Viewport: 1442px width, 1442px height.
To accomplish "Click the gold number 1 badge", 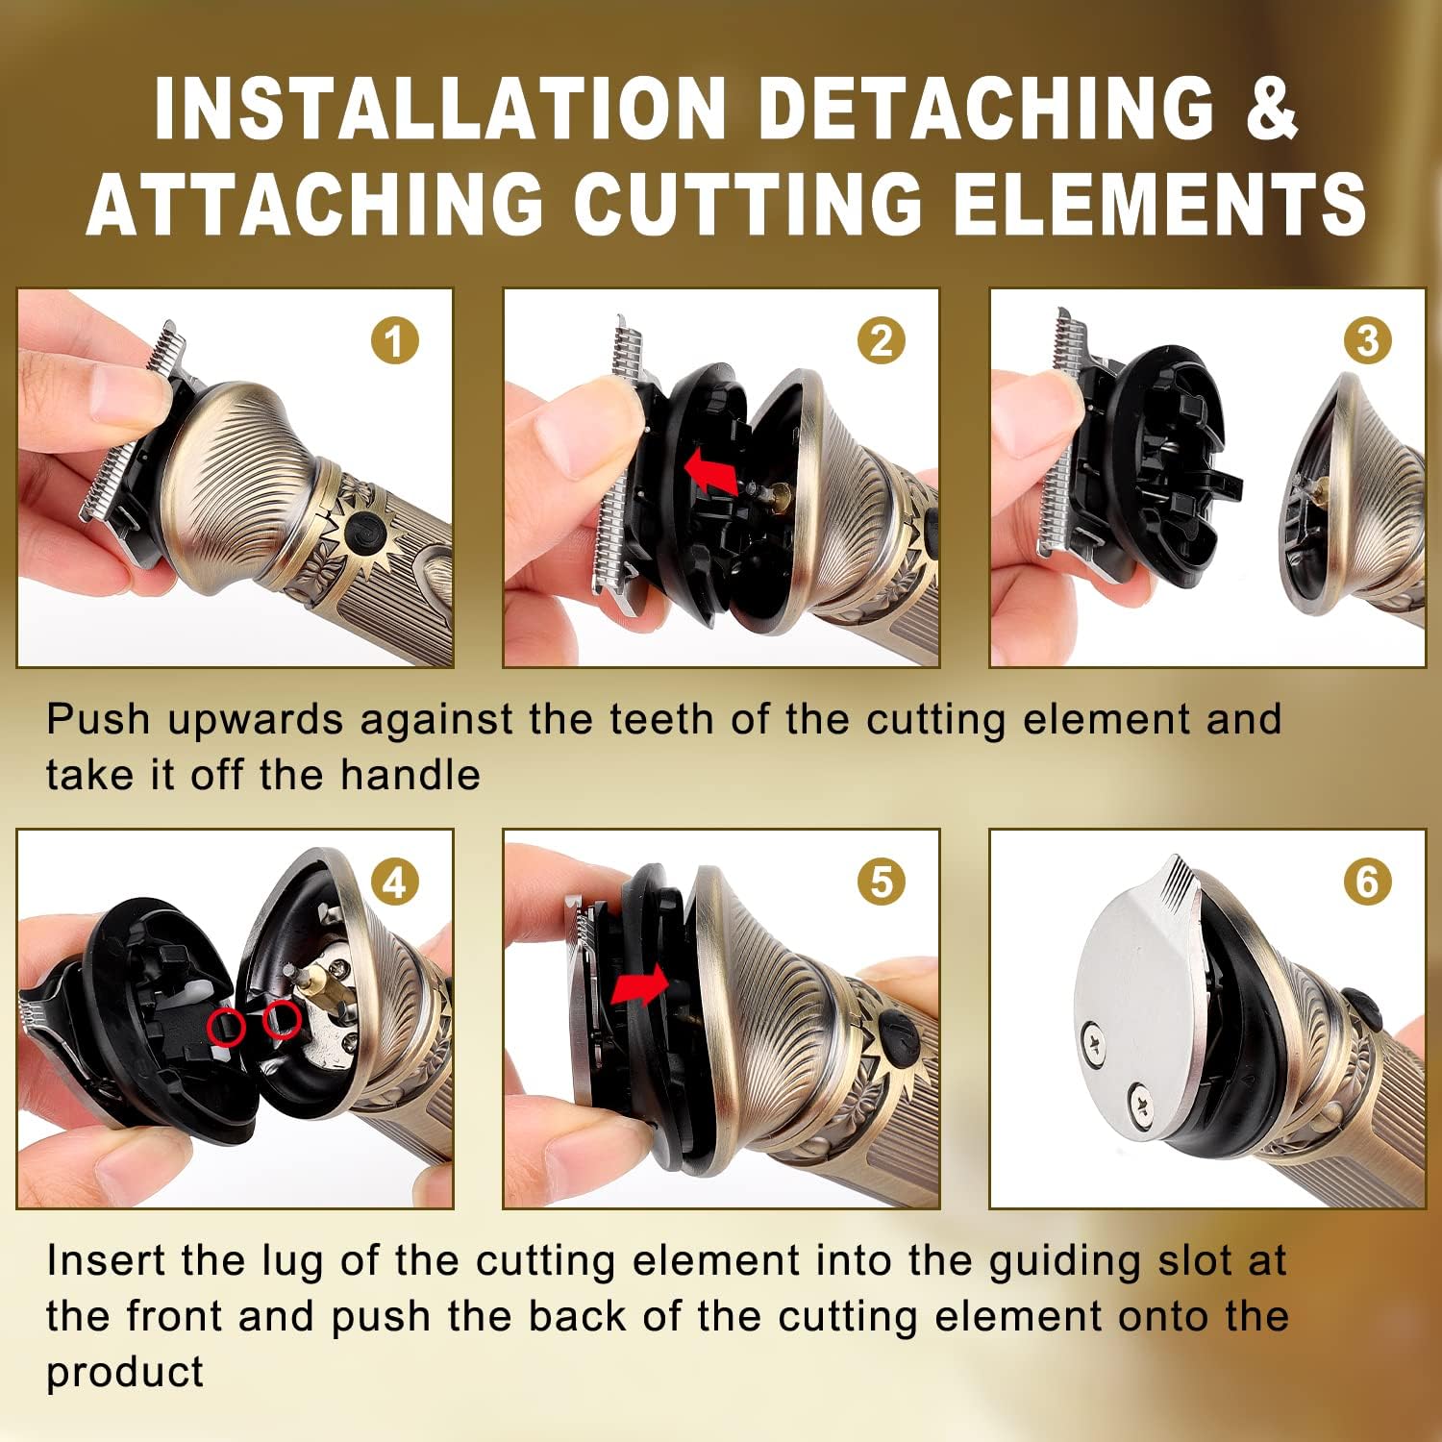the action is [394, 340].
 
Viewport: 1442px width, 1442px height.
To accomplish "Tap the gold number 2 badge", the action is [881, 340].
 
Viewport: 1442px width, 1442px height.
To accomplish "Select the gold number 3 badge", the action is [1367, 340].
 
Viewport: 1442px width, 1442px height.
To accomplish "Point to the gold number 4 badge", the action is [394, 882].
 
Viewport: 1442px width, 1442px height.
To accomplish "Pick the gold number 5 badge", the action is [881, 882].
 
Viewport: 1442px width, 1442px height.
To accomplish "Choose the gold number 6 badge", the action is [1367, 882].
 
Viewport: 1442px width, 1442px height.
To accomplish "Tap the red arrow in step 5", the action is [640, 984].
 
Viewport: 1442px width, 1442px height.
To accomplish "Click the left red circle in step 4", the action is [227, 1027].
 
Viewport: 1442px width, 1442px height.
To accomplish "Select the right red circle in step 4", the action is [282, 1018].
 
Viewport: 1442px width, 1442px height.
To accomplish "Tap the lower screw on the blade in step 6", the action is [1141, 1097].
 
